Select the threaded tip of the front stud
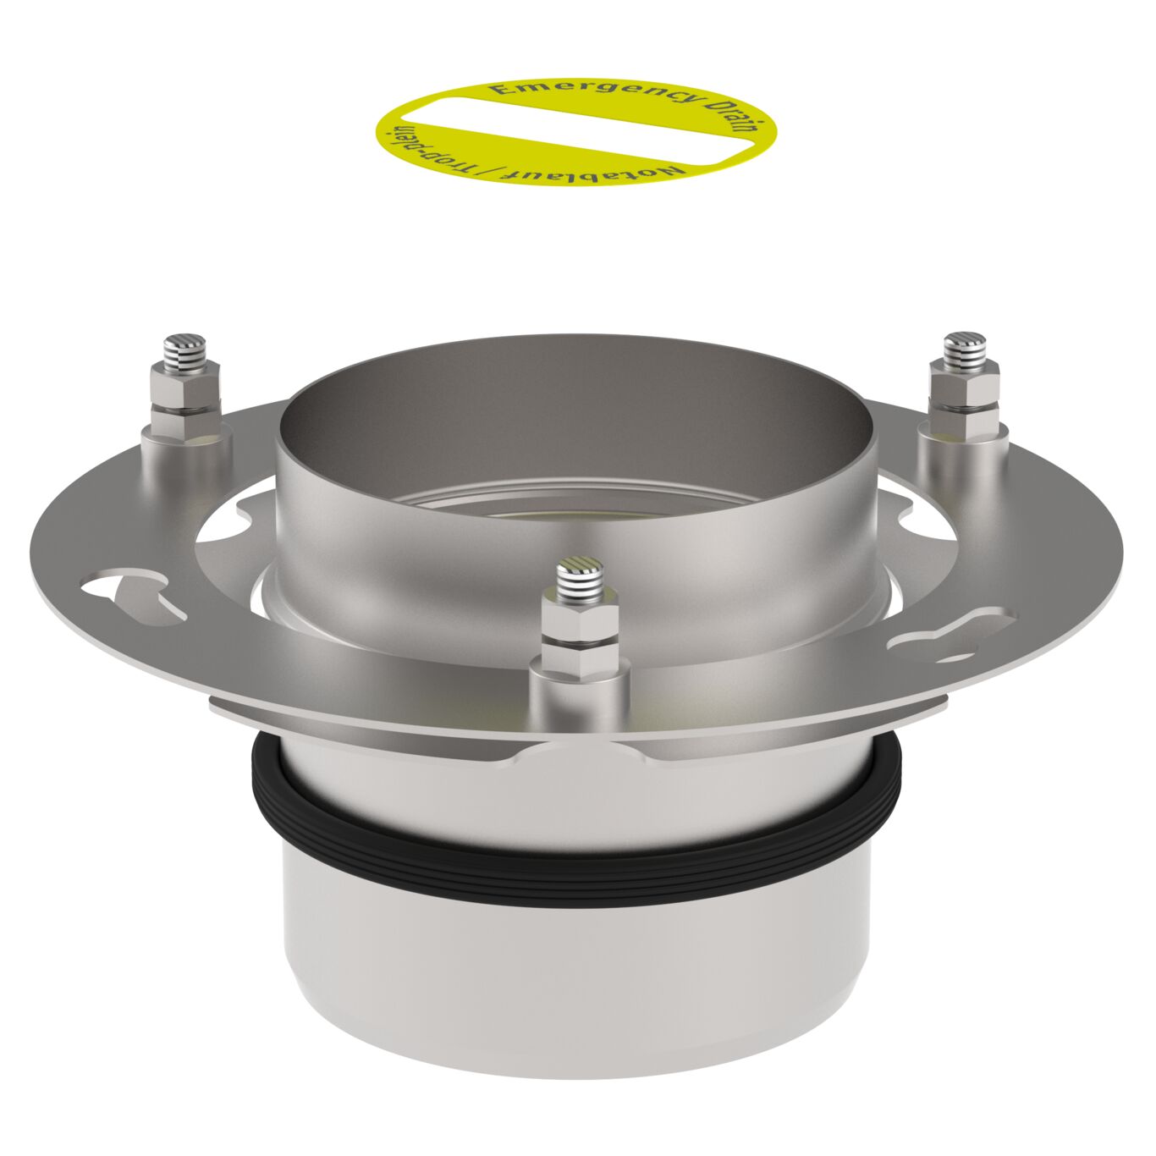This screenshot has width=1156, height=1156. pyautogui.click(x=578, y=576)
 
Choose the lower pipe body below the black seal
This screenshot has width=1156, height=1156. pyautogui.click(x=575, y=982)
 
